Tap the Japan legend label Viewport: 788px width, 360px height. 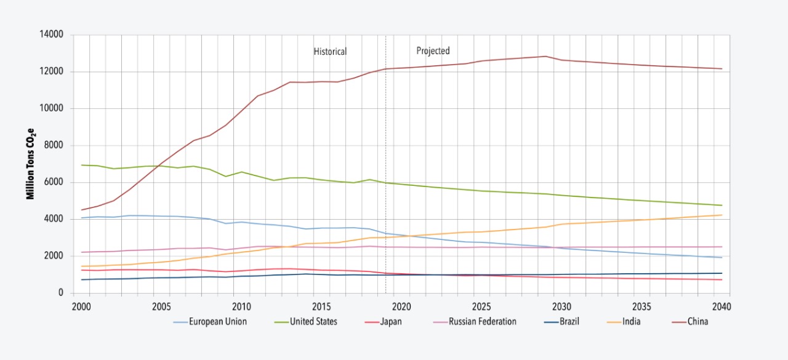[x=391, y=321]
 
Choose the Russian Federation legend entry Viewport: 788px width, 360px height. [x=483, y=321]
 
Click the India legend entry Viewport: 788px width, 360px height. [x=630, y=321]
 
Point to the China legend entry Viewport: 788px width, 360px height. [x=698, y=321]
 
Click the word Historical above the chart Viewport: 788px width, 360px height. [x=330, y=52]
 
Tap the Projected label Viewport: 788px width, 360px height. [x=433, y=51]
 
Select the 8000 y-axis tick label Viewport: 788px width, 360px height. [x=54, y=145]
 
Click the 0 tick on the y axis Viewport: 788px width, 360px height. [x=61, y=293]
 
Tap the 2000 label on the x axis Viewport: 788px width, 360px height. [x=81, y=306]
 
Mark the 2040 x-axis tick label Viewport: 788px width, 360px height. [x=721, y=306]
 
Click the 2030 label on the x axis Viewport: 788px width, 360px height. [x=561, y=306]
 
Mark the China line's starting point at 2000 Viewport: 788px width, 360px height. [x=82, y=210]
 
